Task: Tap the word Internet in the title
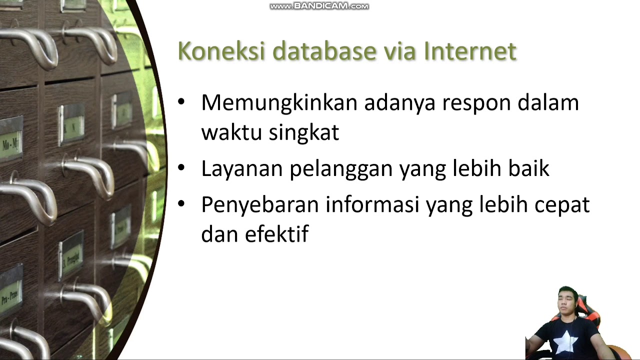point(470,51)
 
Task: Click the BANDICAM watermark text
point(319,6)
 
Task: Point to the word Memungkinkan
point(279,103)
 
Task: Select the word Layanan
point(241,169)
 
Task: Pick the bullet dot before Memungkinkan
point(181,102)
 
